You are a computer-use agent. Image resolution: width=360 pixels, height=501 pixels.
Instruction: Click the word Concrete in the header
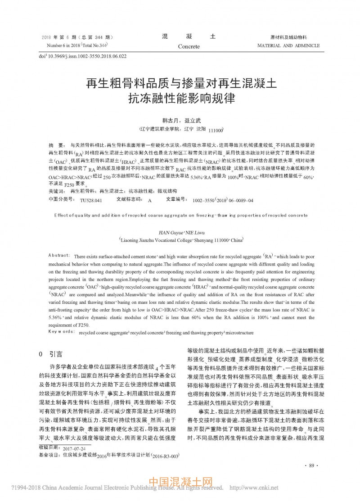coord(189,46)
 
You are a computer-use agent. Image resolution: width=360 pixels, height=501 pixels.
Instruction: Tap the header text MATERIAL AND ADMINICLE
coord(288,45)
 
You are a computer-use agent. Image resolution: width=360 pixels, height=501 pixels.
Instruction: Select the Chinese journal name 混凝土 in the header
coord(189,36)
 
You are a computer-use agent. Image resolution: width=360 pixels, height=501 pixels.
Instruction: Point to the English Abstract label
coord(59,255)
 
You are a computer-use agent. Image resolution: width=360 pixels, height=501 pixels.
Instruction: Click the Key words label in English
coord(61,332)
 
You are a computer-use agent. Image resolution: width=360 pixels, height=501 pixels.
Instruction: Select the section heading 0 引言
coord(51,354)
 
